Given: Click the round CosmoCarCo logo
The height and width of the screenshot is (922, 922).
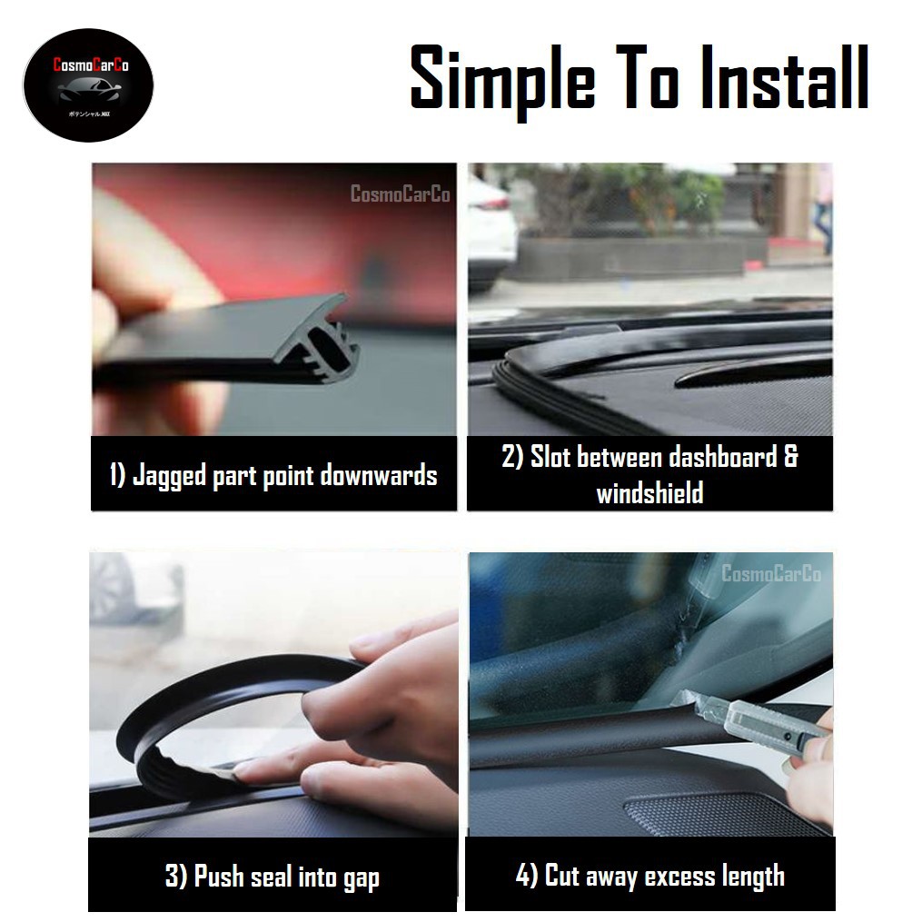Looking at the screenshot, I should pyautogui.click(x=88, y=87).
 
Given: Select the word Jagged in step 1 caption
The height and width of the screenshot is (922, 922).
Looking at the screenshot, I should pyautogui.click(x=170, y=475).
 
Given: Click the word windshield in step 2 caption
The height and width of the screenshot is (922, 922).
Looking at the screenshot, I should pyautogui.click(x=649, y=493).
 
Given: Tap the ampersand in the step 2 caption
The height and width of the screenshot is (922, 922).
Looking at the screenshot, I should pyautogui.click(x=791, y=456).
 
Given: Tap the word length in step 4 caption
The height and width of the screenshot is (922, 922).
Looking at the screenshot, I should pyautogui.click(x=747, y=876).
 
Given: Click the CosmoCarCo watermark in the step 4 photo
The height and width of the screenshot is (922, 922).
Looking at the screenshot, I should pyautogui.click(x=770, y=574).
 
